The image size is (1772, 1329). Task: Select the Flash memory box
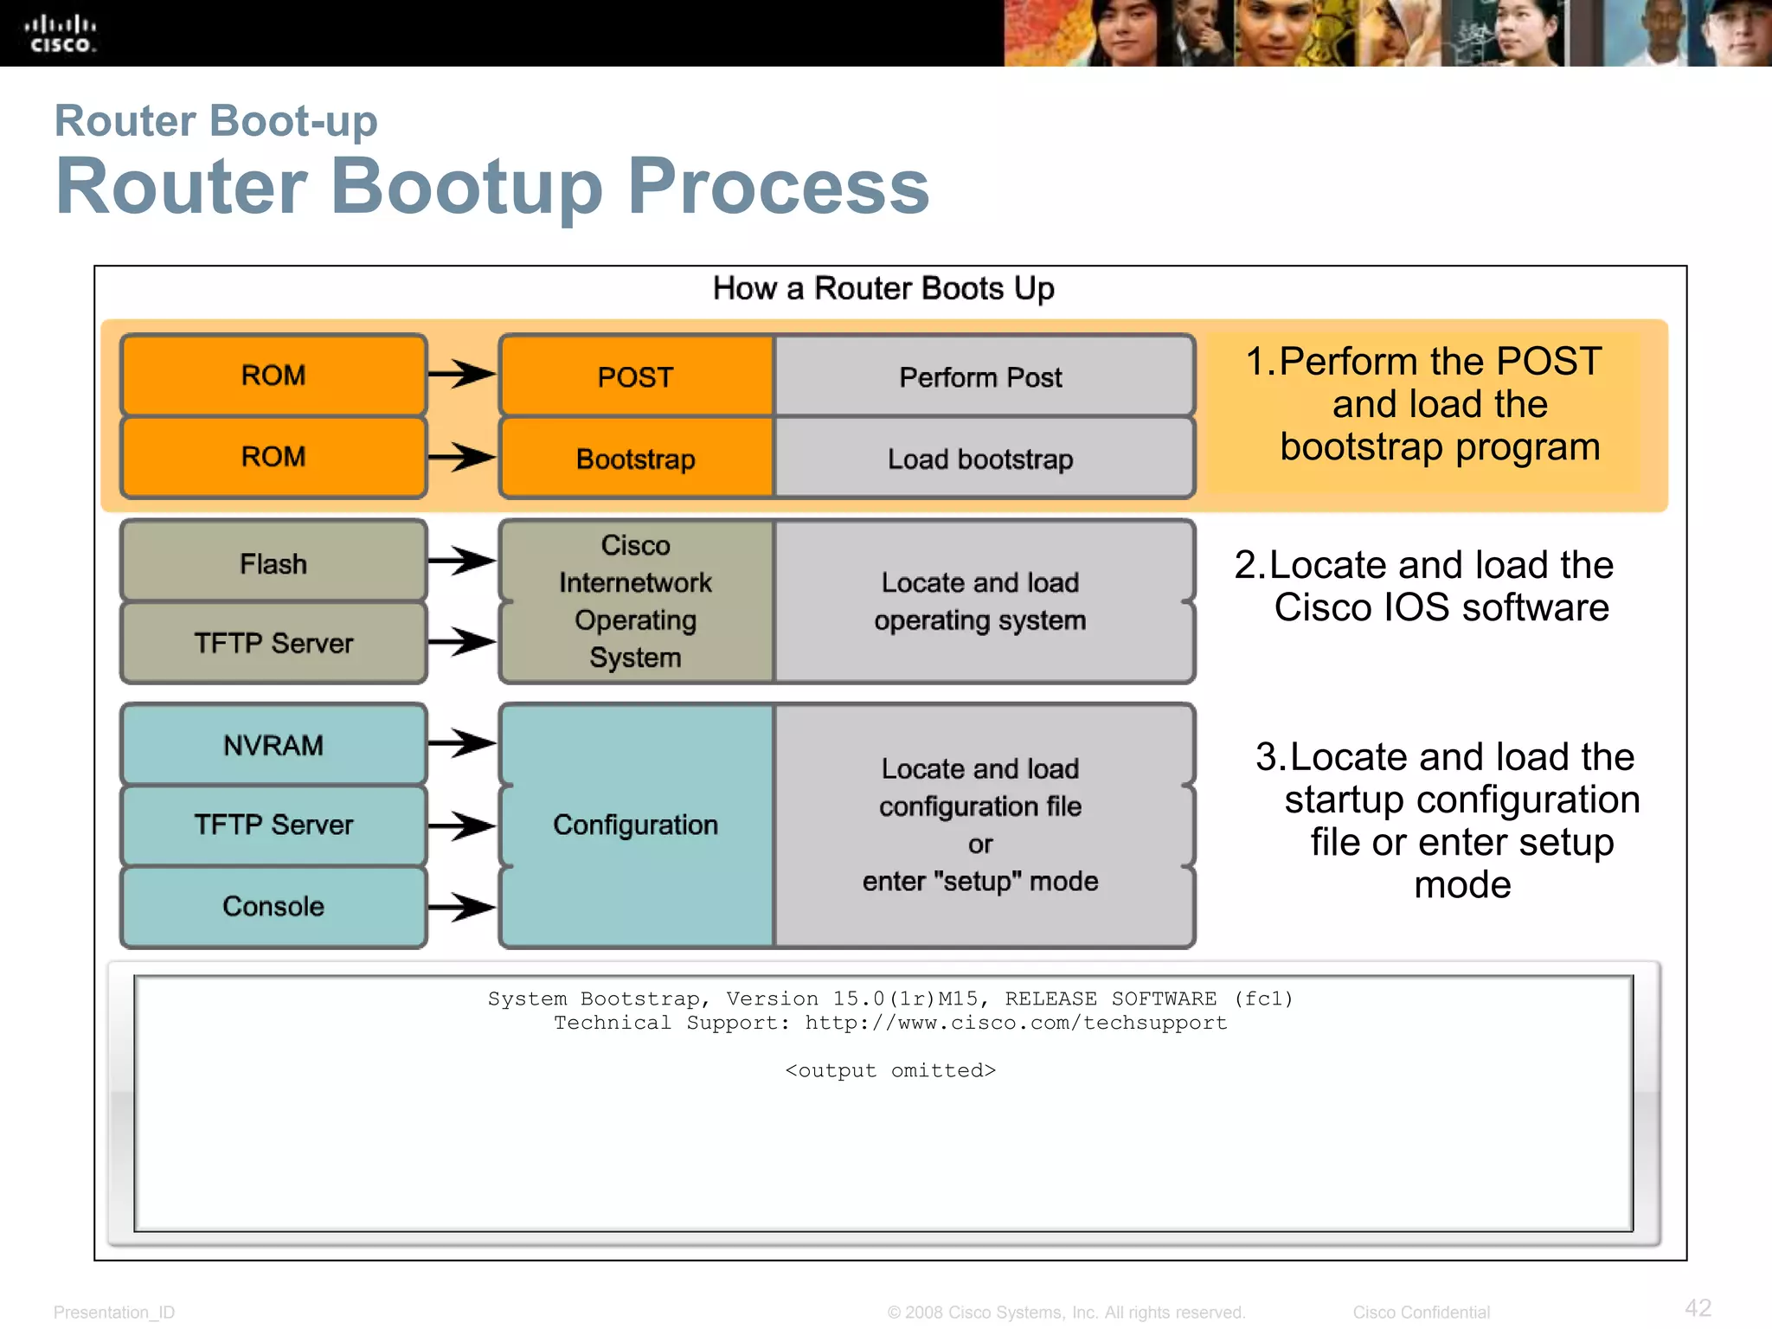[273, 563]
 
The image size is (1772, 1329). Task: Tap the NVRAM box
[273, 745]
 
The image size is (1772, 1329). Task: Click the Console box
[273, 906]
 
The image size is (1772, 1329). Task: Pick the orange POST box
[636, 377]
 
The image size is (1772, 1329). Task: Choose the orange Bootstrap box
[636, 459]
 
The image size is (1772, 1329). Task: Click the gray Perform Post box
[981, 377]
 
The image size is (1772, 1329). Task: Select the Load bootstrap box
[981, 459]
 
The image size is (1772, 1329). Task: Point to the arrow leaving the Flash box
[461, 562]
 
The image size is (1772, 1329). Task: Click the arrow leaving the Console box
[461, 907]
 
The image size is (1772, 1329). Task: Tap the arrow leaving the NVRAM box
[461, 742]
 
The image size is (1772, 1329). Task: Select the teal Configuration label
[636, 825]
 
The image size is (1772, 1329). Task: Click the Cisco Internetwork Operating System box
[636, 601]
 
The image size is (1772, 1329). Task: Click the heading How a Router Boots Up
[883, 288]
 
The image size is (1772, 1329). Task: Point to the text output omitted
[890, 1071]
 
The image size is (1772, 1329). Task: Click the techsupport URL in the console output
[1016, 1023]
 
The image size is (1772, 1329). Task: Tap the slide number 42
[1698, 1307]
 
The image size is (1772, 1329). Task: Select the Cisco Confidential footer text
[1421, 1312]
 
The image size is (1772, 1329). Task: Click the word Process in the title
[778, 187]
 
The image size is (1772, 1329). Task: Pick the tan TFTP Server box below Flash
[273, 643]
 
